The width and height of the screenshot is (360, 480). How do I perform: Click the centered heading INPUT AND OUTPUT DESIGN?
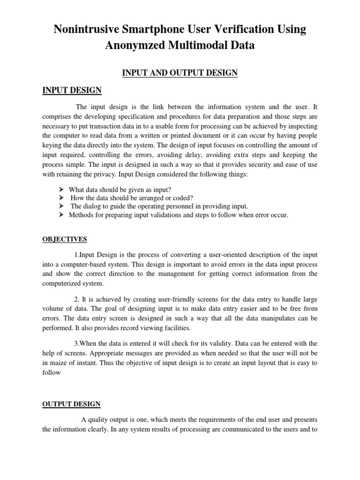(x=180, y=73)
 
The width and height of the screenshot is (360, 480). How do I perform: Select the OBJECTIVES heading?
(x=65, y=239)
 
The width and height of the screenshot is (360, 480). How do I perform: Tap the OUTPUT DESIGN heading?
(x=71, y=404)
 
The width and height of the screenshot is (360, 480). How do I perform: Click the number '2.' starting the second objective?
(x=77, y=299)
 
